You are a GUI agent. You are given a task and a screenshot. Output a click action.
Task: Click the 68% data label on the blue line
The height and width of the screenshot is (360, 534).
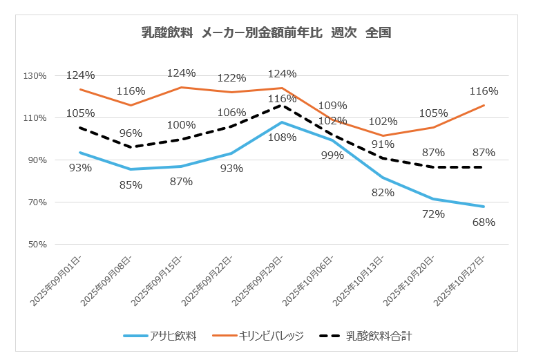(x=484, y=222)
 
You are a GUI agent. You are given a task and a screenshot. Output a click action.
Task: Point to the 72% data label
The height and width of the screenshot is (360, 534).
(x=433, y=213)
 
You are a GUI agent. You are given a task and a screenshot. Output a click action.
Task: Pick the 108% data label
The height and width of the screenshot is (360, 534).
(x=282, y=137)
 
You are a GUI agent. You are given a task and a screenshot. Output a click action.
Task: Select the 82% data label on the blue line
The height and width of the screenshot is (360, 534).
(x=382, y=192)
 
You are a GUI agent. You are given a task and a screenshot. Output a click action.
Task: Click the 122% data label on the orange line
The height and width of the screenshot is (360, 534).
(x=231, y=78)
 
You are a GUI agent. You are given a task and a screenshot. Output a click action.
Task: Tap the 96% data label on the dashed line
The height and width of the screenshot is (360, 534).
(x=131, y=133)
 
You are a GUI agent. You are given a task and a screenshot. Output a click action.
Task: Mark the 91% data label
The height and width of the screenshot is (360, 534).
(x=382, y=144)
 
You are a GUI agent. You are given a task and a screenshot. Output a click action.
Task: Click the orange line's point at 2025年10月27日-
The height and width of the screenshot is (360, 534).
(x=484, y=105)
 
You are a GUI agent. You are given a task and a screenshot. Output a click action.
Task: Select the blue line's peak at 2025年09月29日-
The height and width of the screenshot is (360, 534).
(x=282, y=122)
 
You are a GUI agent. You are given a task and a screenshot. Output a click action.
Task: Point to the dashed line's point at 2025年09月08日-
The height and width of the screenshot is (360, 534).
(x=131, y=147)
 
